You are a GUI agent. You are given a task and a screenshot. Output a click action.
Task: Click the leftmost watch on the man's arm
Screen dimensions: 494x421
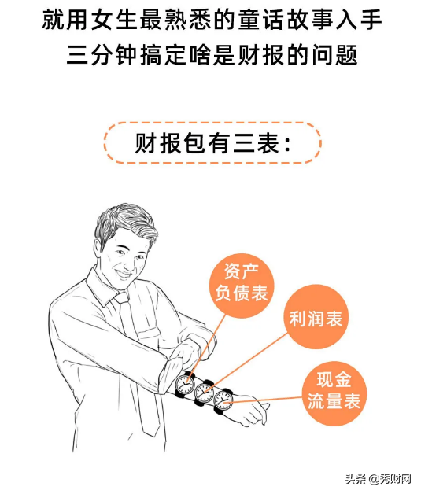(x=185, y=384)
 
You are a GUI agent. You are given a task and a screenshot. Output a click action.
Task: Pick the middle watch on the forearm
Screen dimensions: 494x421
(x=205, y=391)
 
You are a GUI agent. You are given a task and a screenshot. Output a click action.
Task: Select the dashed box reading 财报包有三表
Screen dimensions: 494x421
(x=212, y=142)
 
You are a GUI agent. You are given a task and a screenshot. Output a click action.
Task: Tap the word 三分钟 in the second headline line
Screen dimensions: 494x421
(x=97, y=56)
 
